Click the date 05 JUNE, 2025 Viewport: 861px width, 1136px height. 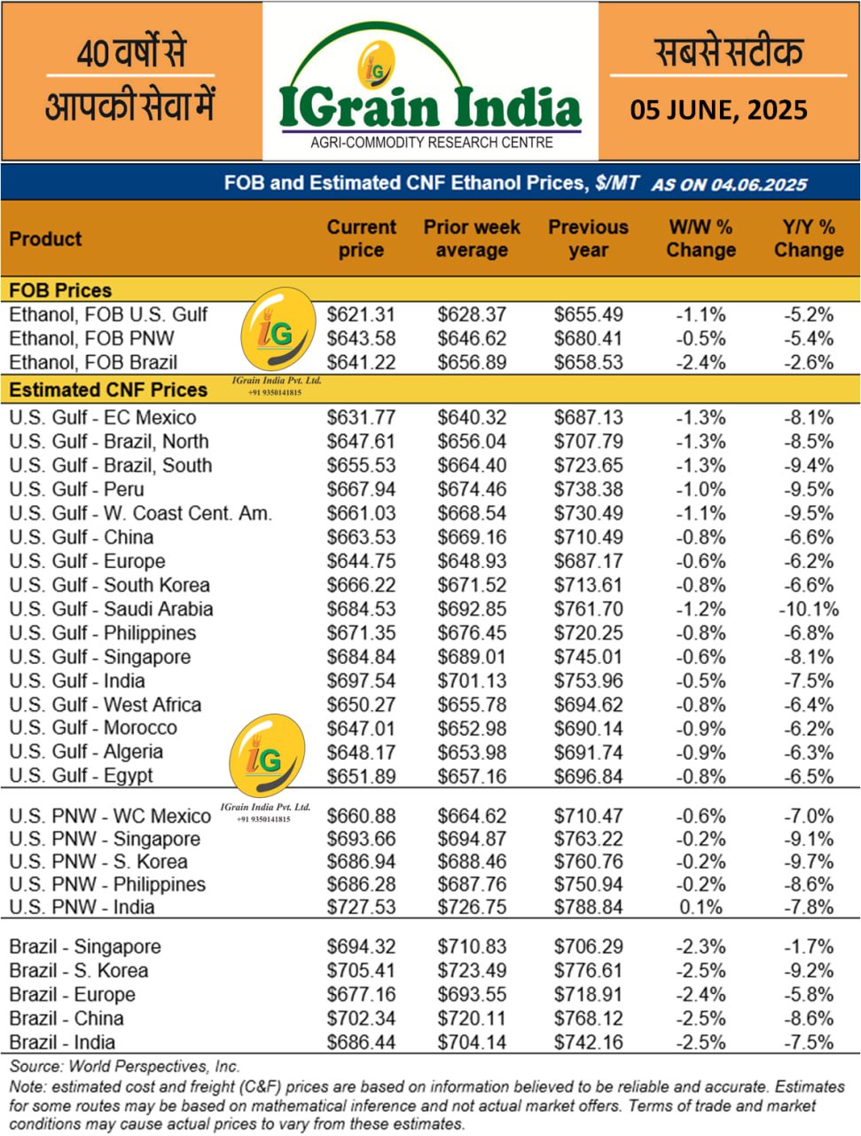718,110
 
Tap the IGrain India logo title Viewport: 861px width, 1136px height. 430,107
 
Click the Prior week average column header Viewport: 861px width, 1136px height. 472,239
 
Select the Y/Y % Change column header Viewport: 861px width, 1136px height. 808,239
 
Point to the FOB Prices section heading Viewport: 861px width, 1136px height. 60,290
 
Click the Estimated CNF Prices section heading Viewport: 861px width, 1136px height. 108,390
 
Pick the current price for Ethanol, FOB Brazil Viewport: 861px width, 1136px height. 361,362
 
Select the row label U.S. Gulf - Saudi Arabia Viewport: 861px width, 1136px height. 111,610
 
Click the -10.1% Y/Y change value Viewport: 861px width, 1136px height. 808,610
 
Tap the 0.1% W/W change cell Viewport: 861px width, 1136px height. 701,907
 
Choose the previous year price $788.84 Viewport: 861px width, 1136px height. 588,907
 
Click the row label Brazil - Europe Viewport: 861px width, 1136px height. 72,995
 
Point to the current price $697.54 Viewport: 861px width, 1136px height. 361,682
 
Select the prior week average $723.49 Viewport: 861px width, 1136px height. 472,971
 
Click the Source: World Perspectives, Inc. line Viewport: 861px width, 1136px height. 125,1067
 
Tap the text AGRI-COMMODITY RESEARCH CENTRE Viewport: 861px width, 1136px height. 431,143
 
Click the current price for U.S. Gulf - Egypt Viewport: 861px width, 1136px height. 361,777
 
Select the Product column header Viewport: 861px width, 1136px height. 45,239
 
